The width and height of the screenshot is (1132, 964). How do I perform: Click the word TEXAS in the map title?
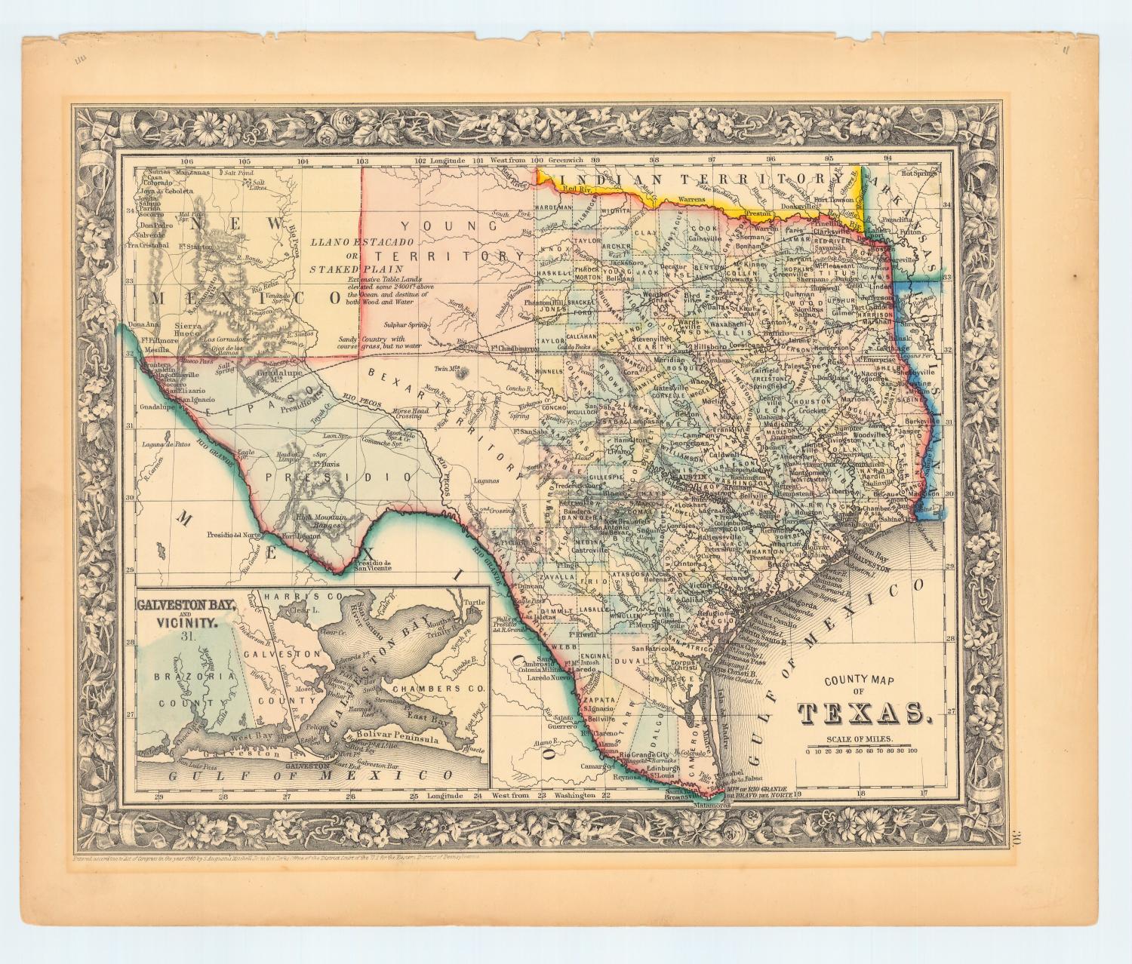[862, 712]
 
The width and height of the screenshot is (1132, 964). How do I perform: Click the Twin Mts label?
[448, 369]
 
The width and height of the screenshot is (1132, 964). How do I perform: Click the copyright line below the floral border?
[279, 858]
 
